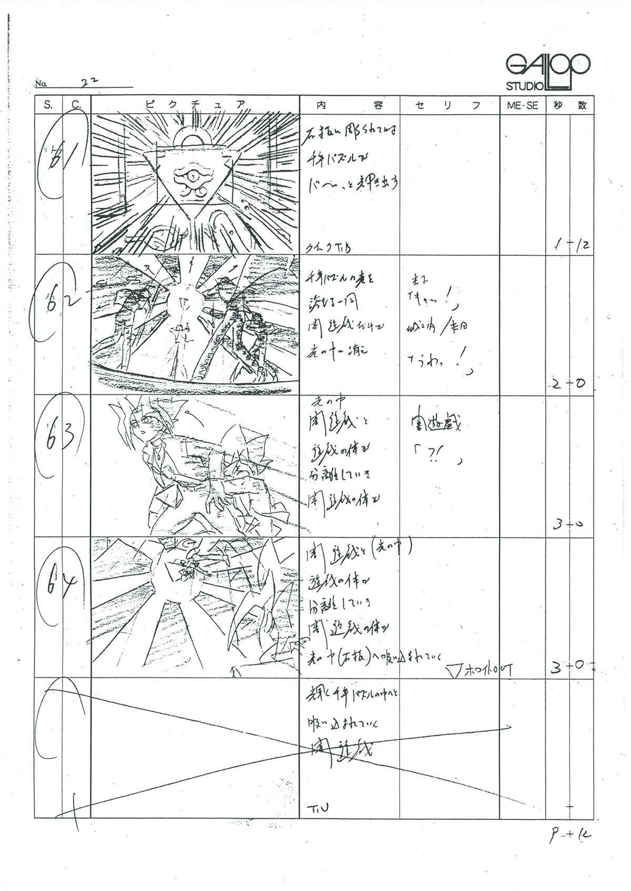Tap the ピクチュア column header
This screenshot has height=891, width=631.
(195, 105)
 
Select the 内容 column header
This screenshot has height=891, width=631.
(349, 105)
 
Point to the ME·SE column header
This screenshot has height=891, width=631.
(522, 105)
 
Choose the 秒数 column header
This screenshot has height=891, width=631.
(569, 105)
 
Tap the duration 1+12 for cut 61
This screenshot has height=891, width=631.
(569, 245)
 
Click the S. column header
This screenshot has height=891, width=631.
(49, 105)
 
